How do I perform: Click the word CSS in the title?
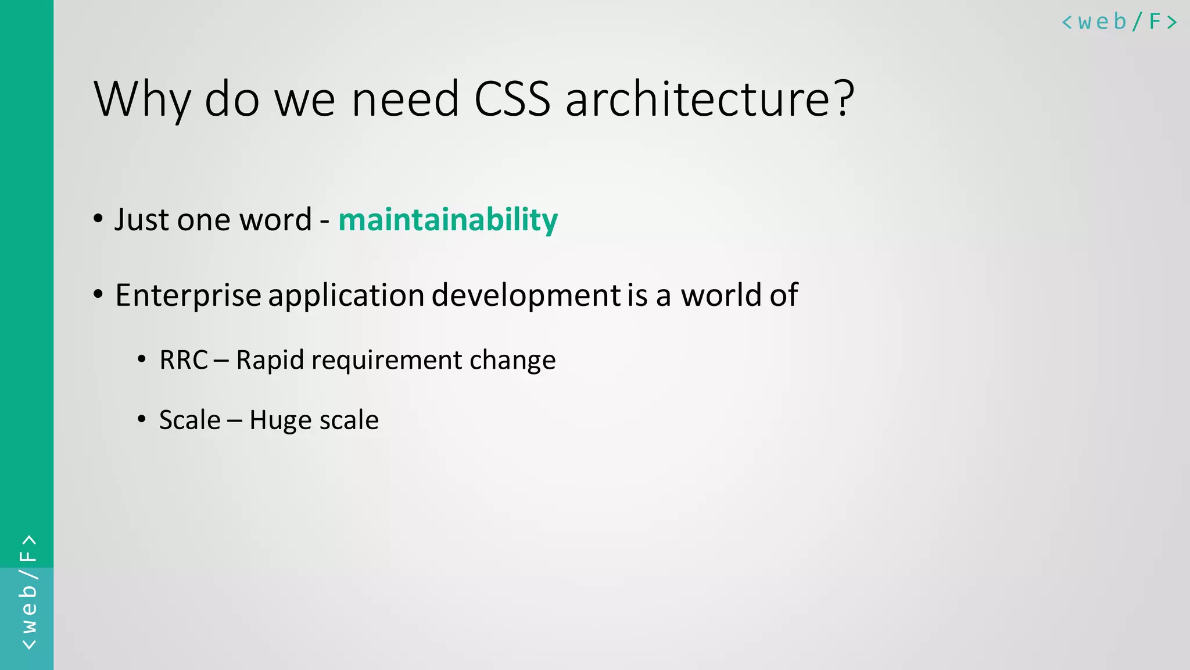(512, 99)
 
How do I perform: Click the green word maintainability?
(448, 220)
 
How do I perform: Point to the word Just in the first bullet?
(142, 220)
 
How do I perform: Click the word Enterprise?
(188, 295)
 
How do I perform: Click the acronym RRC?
(184, 360)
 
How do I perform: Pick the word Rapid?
(270, 360)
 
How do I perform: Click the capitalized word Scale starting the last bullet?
(190, 420)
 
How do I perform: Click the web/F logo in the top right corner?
(1119, 22)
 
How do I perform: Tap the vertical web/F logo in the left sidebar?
(28, 592)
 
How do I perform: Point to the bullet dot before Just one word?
(98, 219)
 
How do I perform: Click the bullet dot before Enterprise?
(98, 295)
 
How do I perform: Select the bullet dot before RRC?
(142, 359)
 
